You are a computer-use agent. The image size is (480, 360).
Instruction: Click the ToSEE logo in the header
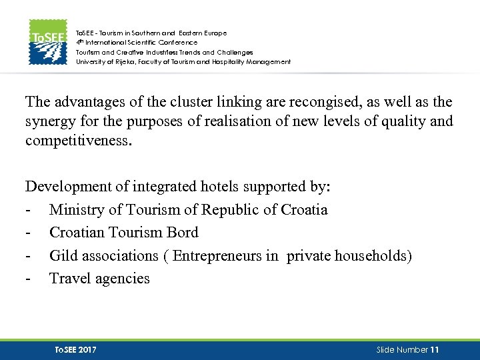[47, 42]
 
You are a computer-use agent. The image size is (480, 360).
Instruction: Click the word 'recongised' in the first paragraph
[311, 102]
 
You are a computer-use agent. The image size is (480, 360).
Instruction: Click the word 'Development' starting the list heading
[65, 187]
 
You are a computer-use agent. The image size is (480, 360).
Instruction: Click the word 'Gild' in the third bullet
[64, 256]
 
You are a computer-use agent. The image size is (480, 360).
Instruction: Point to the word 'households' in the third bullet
[375, 256]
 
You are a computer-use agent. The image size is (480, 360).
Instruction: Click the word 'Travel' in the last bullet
[69, 279]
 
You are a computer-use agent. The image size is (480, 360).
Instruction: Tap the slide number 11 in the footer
[435, 349]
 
